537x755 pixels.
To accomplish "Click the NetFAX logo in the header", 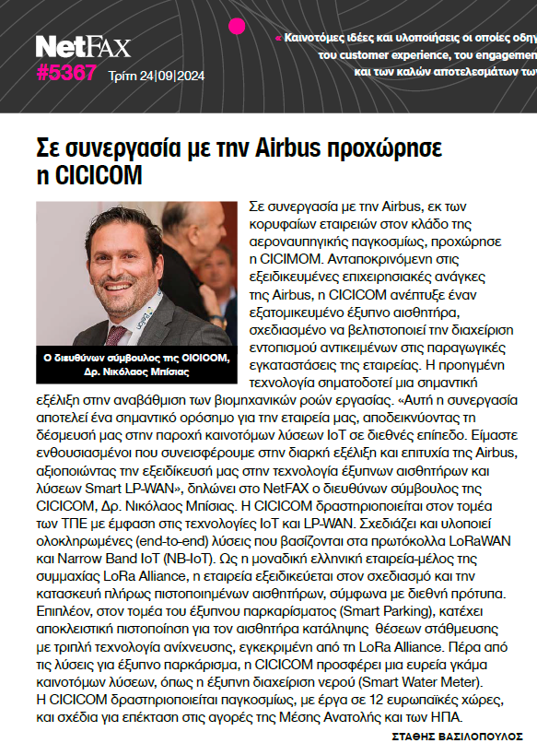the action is pos(83,46).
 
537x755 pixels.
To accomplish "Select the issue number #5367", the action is pos(66,73).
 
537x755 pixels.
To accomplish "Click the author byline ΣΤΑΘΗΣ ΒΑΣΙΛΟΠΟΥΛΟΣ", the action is pos(457,737).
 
